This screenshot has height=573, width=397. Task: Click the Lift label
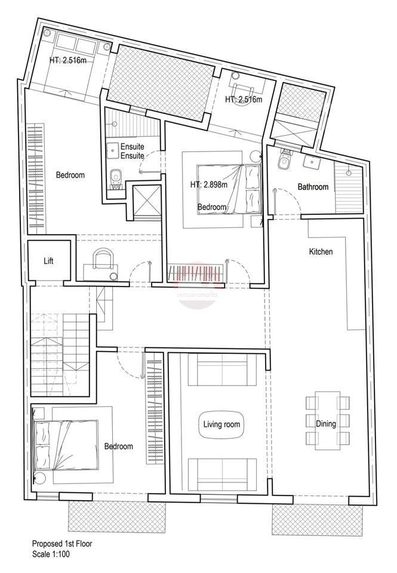tap(48, 261)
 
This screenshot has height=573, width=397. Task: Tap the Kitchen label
tap(321, 251)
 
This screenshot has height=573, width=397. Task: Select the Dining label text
tap(326, 424)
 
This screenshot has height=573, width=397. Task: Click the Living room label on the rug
tap(221, 424)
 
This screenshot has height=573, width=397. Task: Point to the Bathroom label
tap(313, 187)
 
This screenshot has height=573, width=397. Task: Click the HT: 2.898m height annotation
tap(209, 184)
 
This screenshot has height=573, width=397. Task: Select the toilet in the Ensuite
tap(116, 179)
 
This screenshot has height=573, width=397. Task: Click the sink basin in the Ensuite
tap(113, 149)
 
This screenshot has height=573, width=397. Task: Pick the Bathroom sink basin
tap(312, 160)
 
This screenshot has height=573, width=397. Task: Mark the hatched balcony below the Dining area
tap(318, 520)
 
